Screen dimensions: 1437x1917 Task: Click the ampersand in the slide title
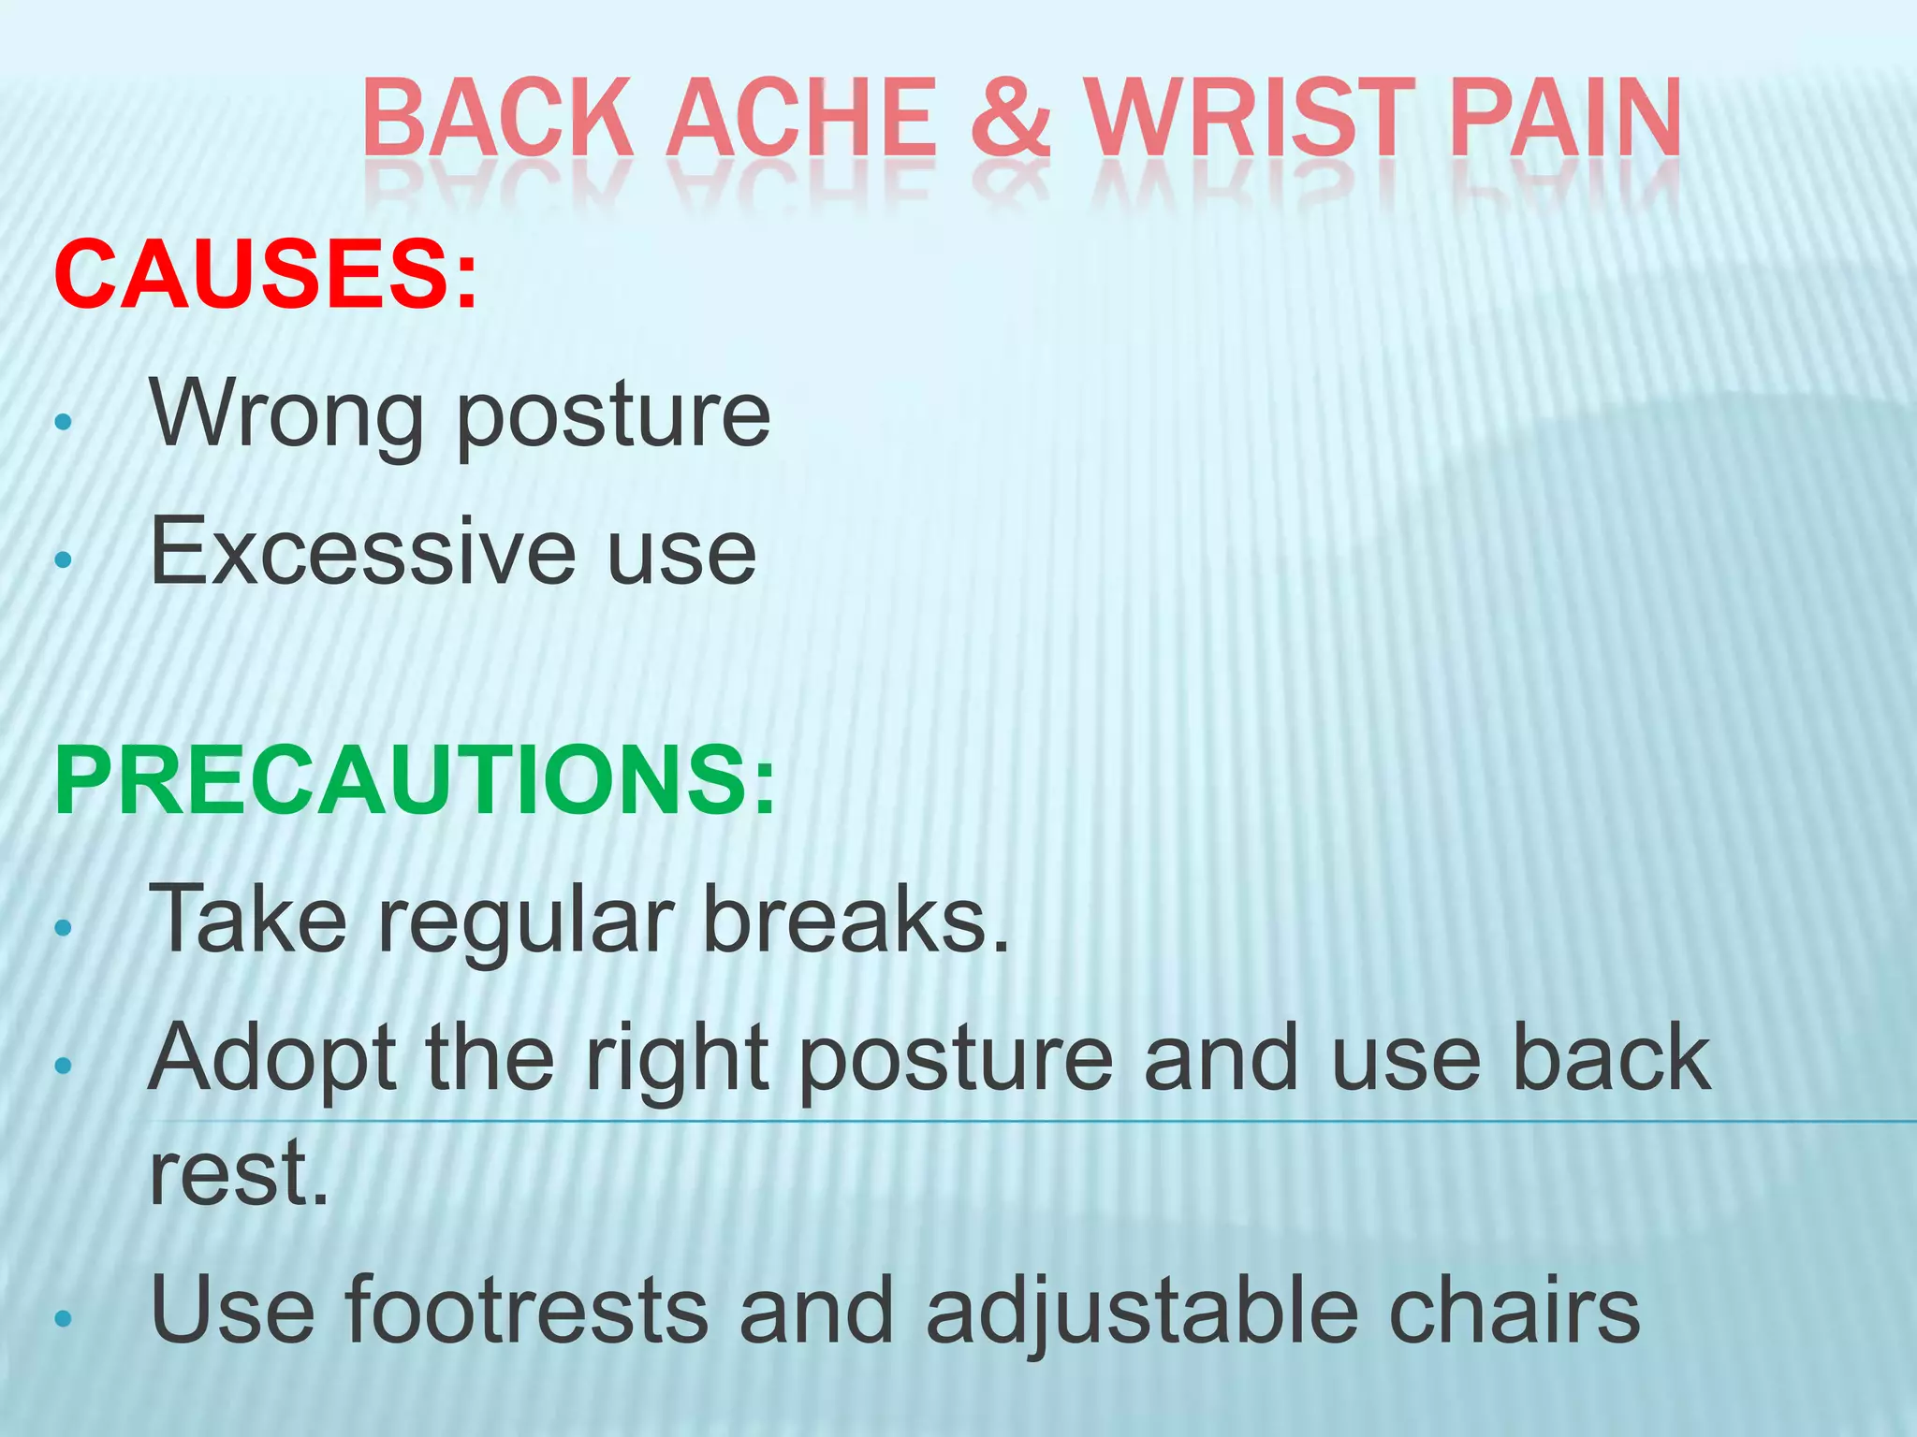click(1008, 118)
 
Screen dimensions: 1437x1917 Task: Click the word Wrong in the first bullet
click(287, 414)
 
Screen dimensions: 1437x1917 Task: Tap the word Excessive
click(362, 553)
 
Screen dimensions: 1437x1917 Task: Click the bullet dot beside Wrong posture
click(63, 422)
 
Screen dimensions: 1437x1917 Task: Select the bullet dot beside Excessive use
click(63, 559)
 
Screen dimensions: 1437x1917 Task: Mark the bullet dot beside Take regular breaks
click(63, 928)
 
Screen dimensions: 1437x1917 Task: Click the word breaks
click(856, 920)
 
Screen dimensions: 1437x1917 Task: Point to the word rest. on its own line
click(240, 1173)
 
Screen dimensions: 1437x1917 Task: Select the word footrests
click(526, 1310)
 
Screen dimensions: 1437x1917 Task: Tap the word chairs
click(1514, 1310)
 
